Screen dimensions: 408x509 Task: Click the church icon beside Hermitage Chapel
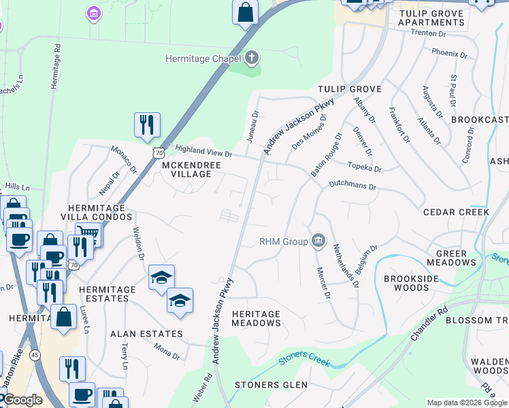tap(252, 58)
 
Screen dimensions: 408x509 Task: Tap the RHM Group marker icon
tap(318, 241)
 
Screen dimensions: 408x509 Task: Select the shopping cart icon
tap(88, 234)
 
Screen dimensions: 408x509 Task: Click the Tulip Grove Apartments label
tap(431, 18)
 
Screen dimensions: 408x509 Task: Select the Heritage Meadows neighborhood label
tap(256, 318)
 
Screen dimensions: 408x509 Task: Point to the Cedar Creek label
tap(456, 212)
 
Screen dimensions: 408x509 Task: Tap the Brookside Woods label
tap(407, 283)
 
